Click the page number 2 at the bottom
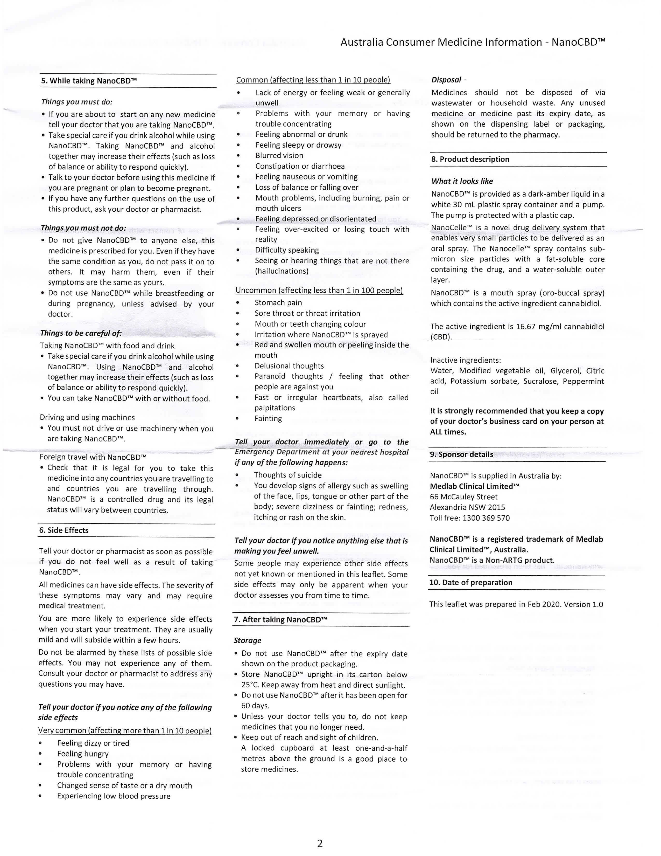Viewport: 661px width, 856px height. point(320,843)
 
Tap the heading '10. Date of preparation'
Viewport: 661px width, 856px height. point(471,582)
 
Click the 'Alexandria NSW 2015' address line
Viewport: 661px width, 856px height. point(467,507)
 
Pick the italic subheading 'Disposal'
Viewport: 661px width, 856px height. point(446,80)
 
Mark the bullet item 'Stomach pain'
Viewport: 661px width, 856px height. point(278,302)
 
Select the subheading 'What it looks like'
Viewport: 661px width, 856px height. point(462,181)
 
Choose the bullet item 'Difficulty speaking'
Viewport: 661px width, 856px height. point(287,250)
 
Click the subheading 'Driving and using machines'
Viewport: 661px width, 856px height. point(87,417)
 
